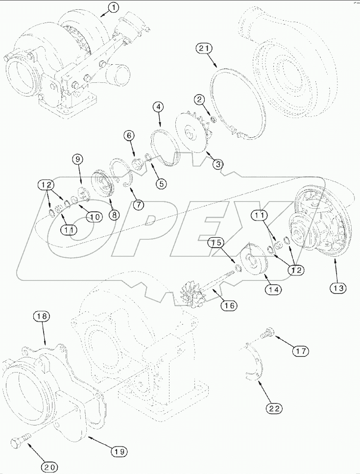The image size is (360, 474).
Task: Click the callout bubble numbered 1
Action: pos(113,7)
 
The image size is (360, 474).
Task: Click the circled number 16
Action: pos(229,305)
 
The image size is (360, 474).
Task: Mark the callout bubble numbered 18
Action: pos(42,317)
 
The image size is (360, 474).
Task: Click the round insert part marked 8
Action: pos(103,184)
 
